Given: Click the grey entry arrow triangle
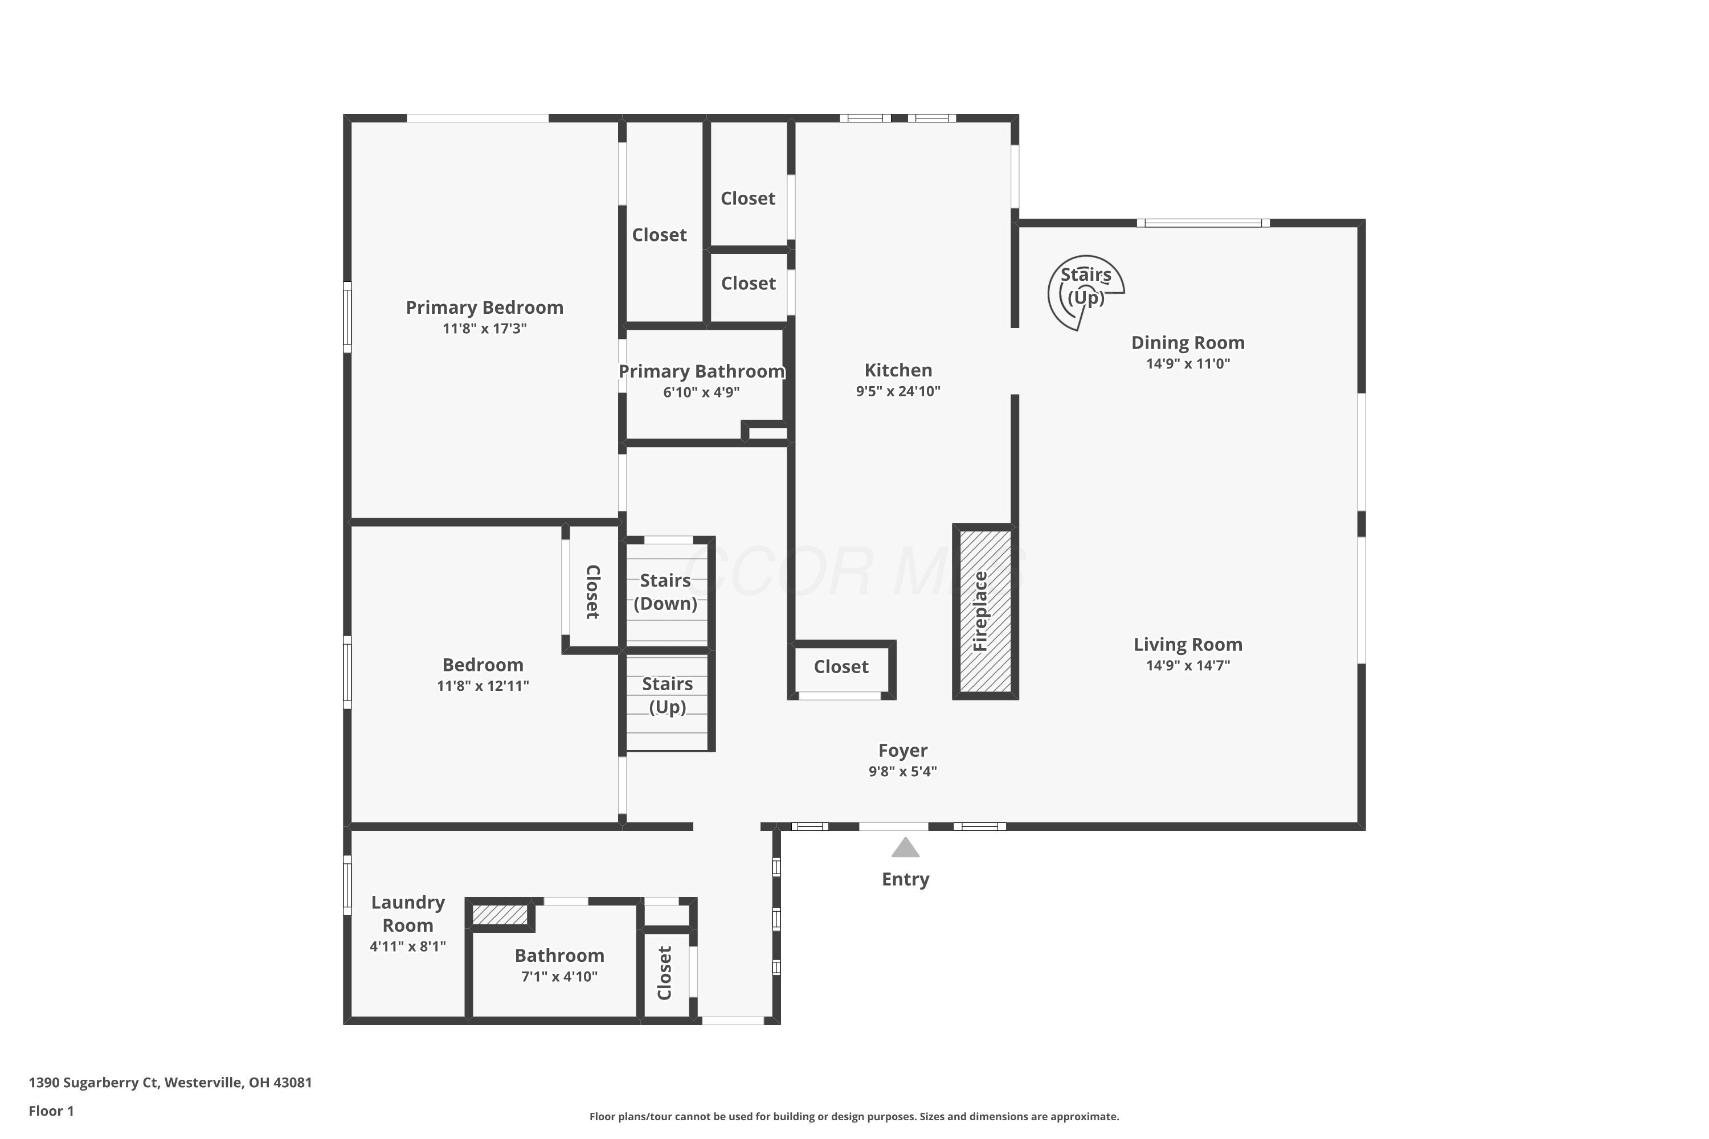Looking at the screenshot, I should click(905, 849).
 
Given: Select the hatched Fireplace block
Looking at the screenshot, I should click(984, 611).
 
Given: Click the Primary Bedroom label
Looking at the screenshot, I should click(484, 308).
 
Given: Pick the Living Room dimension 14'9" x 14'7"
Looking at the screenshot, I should click(1187, 665).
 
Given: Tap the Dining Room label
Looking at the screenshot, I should click(1187, 342).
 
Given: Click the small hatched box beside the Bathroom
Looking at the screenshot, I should click(500, 915).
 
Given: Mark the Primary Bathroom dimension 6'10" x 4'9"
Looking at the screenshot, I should click(701, 392).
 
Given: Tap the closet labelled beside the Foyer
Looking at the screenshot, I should click(841, 667).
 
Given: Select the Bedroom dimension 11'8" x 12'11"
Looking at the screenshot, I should click(483, 685).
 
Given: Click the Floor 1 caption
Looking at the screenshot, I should click(51, 1111).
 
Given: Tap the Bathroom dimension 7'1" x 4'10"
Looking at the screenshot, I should click(559, 976).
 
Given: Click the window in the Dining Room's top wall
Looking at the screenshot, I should click(1203, 223).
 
